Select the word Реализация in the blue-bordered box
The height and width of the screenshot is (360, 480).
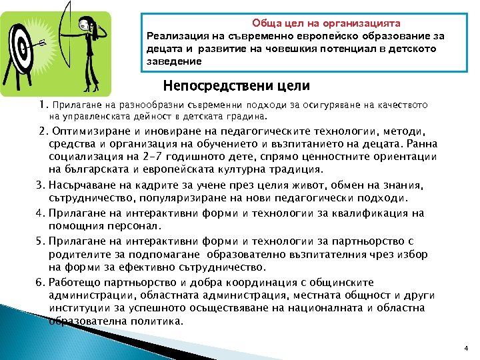[176, 35]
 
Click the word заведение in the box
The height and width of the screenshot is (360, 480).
[173, 61]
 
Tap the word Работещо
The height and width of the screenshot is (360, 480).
[74, 282]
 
